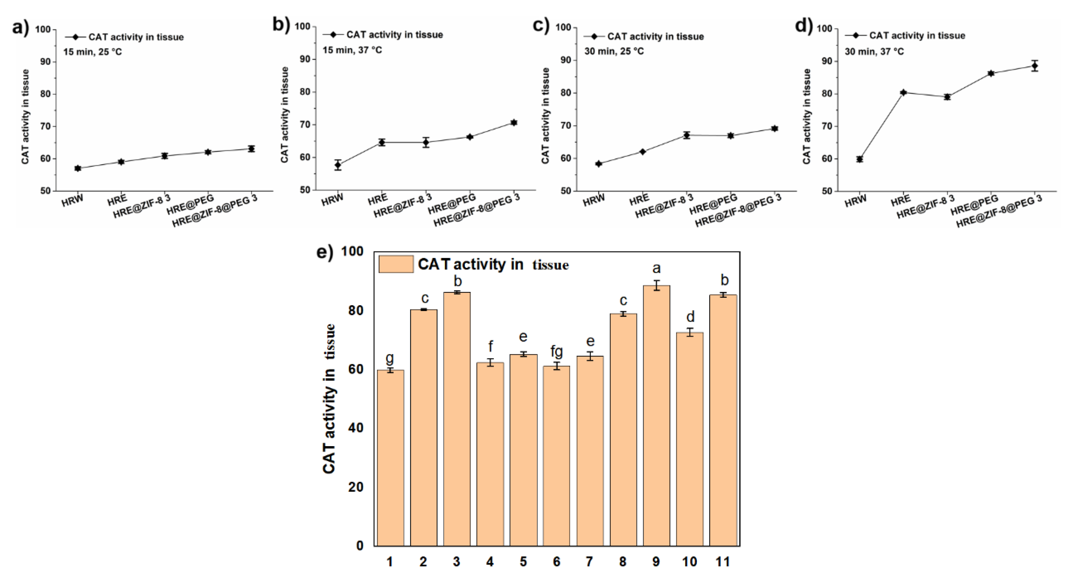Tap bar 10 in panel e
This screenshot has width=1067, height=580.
690,439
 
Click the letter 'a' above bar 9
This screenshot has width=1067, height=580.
656,269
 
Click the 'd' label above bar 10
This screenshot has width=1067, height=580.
690,317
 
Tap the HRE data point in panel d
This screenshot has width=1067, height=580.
903,92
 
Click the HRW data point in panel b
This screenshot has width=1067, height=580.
338,165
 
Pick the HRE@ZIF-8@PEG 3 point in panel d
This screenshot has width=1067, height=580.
1034,66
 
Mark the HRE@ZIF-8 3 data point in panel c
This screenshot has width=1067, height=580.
686,135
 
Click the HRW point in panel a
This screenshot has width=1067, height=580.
78,168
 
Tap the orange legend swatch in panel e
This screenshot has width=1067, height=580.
396,264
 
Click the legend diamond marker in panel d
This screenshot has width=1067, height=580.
855,36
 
